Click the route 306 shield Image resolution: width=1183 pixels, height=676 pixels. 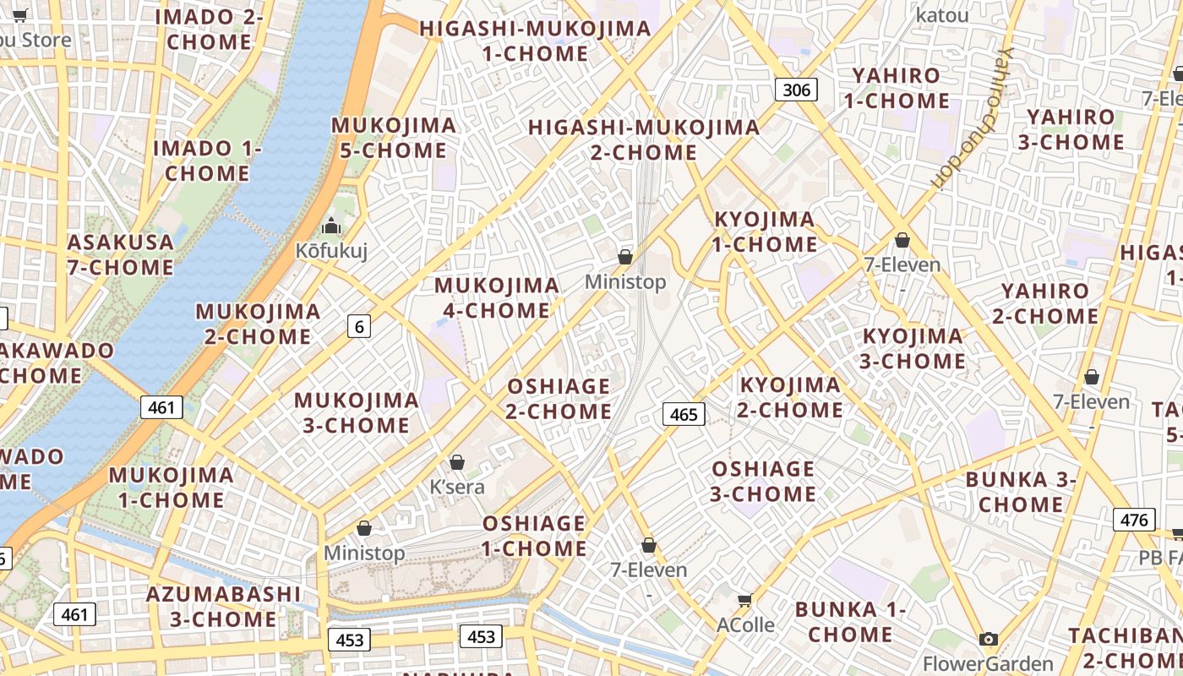point(796,90)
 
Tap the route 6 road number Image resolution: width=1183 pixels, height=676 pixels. point(359,325)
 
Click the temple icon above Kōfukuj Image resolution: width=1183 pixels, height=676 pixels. point(331,226)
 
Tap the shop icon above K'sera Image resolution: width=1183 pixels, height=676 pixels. point(457,462)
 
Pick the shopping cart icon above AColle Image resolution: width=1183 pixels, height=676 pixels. point(744,600)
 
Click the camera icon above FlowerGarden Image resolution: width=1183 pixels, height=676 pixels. point(988,640)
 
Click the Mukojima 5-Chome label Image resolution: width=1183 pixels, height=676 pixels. point(393,138)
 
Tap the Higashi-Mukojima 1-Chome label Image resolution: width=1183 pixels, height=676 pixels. point(535,41)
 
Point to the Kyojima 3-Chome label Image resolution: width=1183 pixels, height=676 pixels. point(913,348)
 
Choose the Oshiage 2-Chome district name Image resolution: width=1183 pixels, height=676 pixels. point(559,399)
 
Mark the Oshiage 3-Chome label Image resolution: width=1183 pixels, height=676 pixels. point(763,481)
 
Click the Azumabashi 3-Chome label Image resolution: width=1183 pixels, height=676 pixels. point(223,606)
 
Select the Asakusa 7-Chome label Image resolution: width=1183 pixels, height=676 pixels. point(120,254)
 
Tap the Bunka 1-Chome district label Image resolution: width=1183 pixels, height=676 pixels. point(850,621)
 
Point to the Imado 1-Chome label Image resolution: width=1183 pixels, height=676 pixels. point(207,161)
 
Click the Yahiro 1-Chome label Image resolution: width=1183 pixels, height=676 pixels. point(896,88)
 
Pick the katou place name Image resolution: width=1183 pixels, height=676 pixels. point(942,14)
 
